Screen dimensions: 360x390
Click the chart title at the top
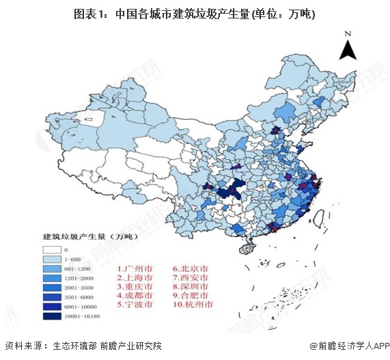tap(195, 13)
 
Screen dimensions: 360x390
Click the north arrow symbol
tap(348, 50)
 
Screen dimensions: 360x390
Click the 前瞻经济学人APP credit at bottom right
tap(348, 346)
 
